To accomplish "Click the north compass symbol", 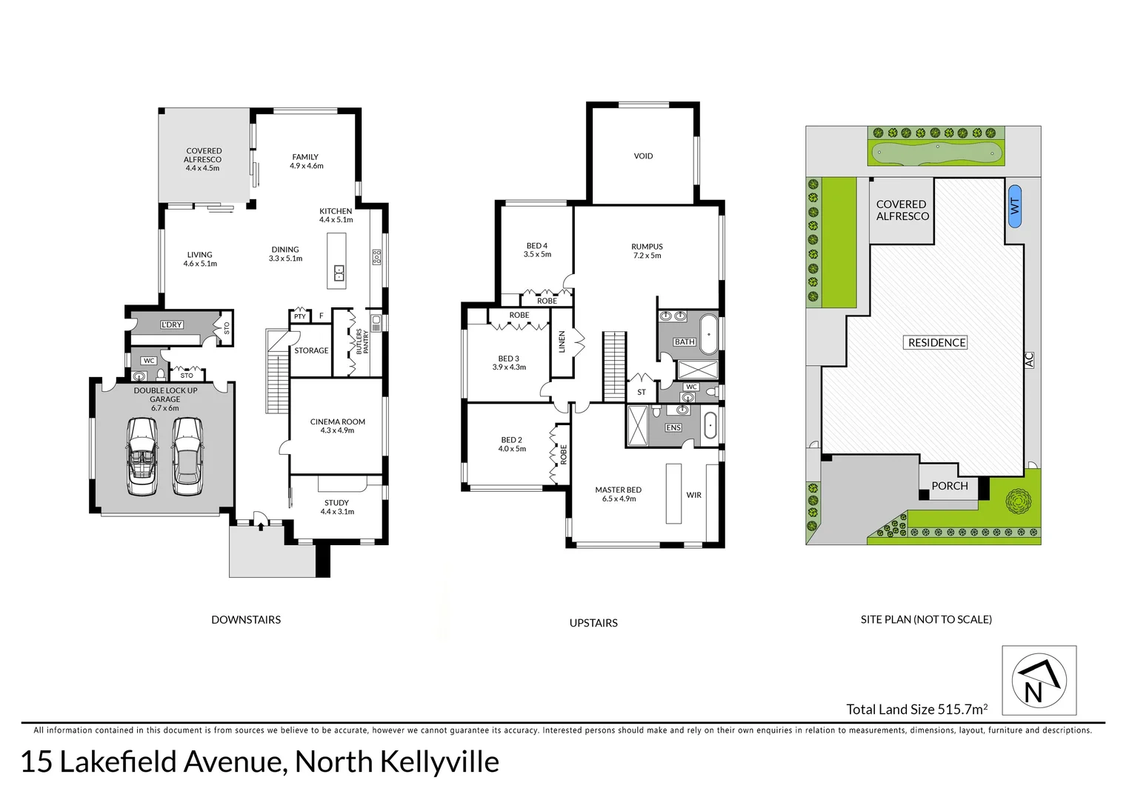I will pyautogui.click(x=1039, y=680).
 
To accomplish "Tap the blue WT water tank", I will pyautogui.click(x=1014, y=206).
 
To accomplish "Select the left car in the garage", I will pyautogui.click(x=141, y=456).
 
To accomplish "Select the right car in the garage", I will pyautogui.click(x=187, y=456).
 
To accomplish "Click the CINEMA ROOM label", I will pyautogui.click(x=337, y=426).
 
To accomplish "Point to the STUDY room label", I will pyautogui.click(x=337, y=507).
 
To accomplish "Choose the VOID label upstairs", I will pyautogui.click(x=643, y=156).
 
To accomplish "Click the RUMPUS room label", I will pyautogui.click(x=647, y=251).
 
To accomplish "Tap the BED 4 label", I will pyautogui.click(x=537, y=250).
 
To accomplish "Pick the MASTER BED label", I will pyautogui.click(x=618, y=494).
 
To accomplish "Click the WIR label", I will pyautogui.click(x=693, y=495).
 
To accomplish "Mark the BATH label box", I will pyautogui.click(x=684, y=341).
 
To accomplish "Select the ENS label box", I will pyautogui.click(x=673, y=427).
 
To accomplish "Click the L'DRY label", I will pyautogui.click(x=172, y=324).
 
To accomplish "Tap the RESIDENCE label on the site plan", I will pyautogui.click(x=936, y=342).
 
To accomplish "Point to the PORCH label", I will pyautogui.click(x=949, y=486).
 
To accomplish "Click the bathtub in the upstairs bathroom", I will pyautogui.click(x=709, y=334).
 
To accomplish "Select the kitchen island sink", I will pyautogui.click(x=339, y=273).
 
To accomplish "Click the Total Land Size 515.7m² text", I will pyautogui.click(x=916, y=710).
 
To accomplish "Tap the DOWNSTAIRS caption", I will pyautogui.click(x=246, y=620).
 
